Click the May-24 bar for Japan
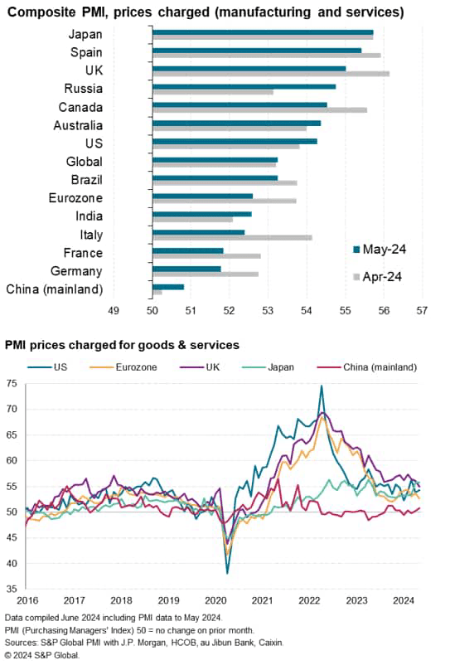click(263, 32)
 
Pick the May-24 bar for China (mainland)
click(168, 286)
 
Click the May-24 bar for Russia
click(244, 86)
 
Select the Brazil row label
click(85, 181)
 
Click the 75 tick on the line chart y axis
click(11, 384)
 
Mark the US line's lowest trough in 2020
click(228, 573)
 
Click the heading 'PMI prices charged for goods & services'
click(122, 344)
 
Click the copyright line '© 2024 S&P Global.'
click(42, 655)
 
